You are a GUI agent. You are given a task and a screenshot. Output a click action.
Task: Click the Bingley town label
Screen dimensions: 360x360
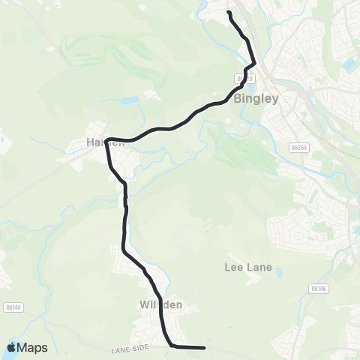[256, 98]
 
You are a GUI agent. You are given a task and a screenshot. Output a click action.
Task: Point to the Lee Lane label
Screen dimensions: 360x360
[244, 266]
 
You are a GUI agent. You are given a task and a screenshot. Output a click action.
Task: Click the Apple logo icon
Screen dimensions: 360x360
[13, 347]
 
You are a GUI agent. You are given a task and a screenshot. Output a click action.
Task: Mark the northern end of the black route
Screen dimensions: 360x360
[229, 13]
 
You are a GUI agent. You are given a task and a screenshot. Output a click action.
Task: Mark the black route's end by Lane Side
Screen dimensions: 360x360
[204, 348]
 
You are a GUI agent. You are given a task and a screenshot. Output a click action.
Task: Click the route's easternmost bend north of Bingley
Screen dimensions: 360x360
[254, 64]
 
